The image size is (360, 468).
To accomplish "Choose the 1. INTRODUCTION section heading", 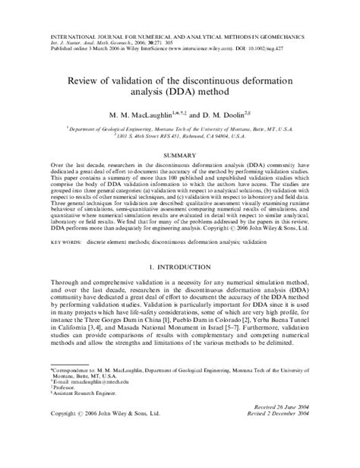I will pyautogui.click(x=179, y=267).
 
